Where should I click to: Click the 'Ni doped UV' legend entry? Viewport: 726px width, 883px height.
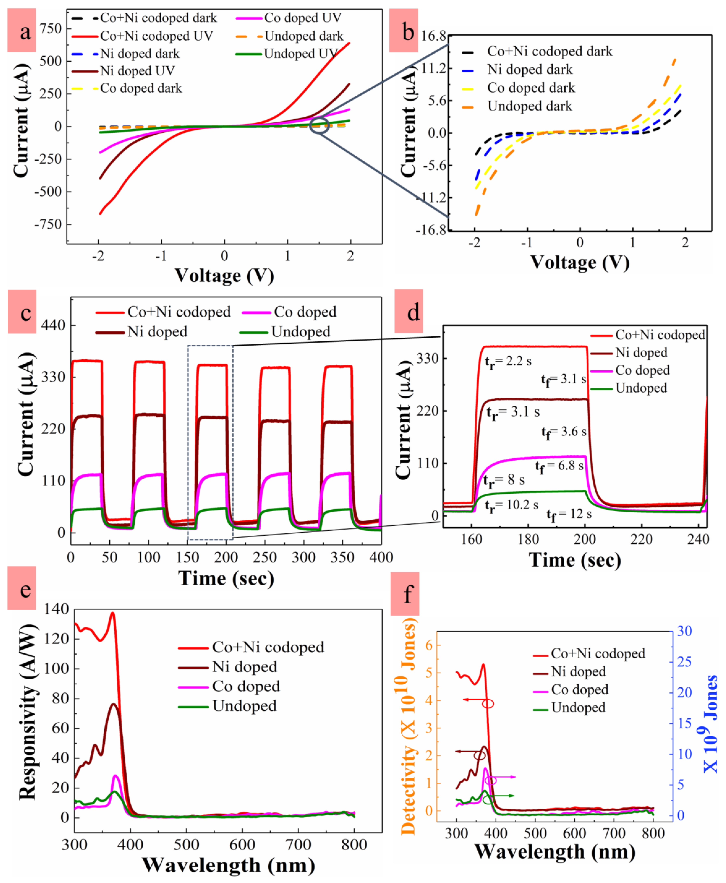click(x=137, y=71)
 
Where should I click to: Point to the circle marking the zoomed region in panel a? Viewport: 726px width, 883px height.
click(x=319, y=126)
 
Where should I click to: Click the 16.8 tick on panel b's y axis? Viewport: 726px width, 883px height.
click(x=434, y=36)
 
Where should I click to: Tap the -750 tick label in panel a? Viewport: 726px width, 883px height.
click(x=48, y=224)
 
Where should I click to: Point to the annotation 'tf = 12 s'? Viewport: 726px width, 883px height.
click(x=569, y=514)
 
